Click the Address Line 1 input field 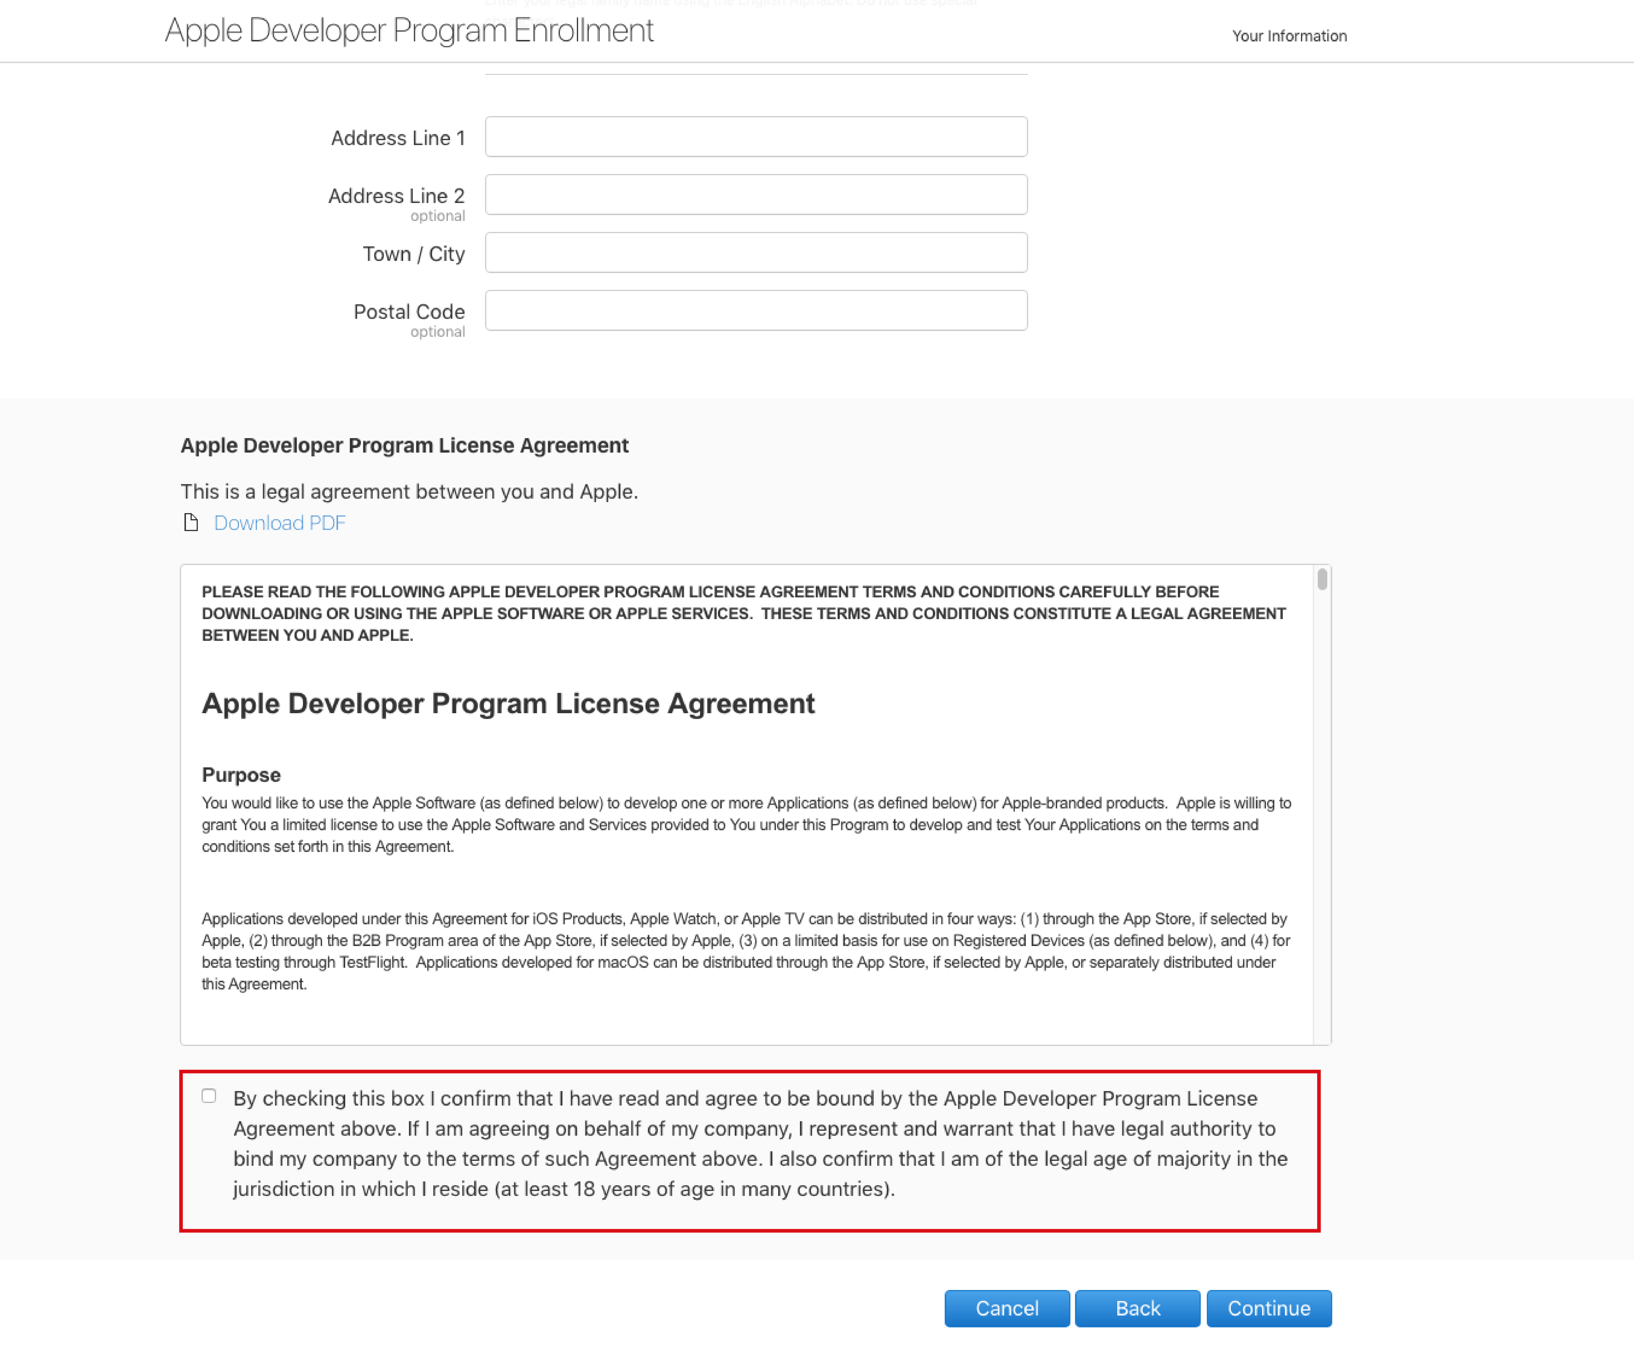pyautogui.click(x=756, y=137)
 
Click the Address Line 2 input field pyautogui.click(x=756, y=195)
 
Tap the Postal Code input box pyautogui.click(x=756, y=310)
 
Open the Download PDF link pyautogui.click(x=279, y=523)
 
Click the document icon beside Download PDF pyautogui.click(x=191, y=522)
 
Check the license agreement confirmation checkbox pyautogui.click(x=209, y=1096)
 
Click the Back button pyautogui.click(x=1137, y=1308)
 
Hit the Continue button pyautogui.click(x=1268, y=1308)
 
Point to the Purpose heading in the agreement pyautogui.click(x=241, y=775)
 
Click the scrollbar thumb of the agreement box pyautogui.click(x=1321, y=580)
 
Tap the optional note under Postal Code pyautogui.click(x=437, y=332)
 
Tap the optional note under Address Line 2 pyautogui.click(x=437, y=216)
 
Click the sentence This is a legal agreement pyautogui.click(x=408, y=492)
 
